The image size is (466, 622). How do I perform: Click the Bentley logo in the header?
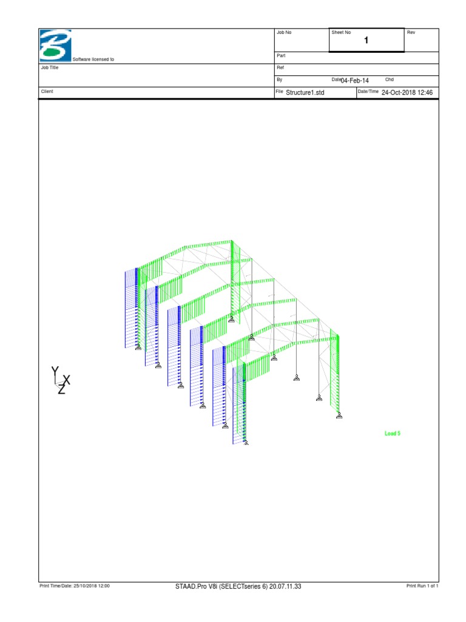(55, 44)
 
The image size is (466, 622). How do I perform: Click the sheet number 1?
(366, 41)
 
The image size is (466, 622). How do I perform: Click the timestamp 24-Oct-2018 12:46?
(407, 92)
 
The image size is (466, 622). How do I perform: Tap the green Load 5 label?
(393, 434)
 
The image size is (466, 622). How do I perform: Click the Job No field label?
(284, 32)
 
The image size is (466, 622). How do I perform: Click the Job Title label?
(49, 68)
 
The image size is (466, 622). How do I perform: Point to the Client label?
(47, 91)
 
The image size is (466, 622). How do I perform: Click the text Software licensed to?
(93, 60)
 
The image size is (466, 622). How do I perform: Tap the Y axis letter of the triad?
(55, 371)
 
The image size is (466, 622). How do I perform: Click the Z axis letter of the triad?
(61, 390)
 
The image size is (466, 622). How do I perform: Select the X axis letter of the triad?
(67, 380)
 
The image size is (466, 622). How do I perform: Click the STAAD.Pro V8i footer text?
(238, 586)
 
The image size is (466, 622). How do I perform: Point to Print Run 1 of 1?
(422, 586)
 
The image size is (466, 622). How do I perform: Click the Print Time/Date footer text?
(74, 586)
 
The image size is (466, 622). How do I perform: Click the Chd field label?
(390, 80)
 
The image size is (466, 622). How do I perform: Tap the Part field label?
(281, 55)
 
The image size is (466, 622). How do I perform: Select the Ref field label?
(280, 67)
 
